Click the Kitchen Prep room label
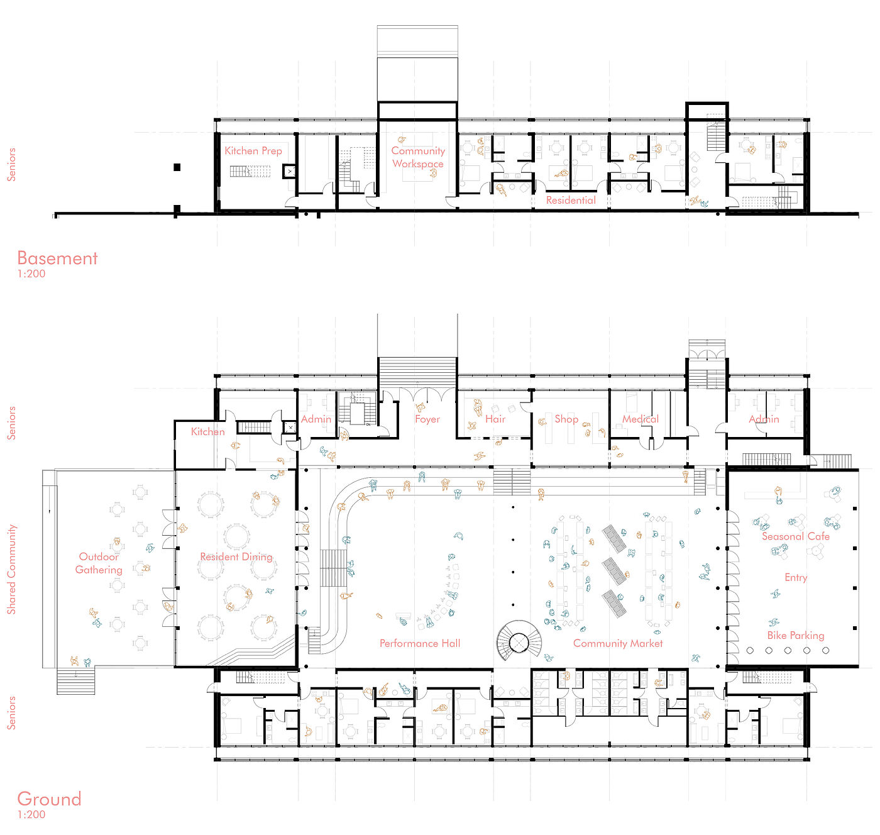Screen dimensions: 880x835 253,151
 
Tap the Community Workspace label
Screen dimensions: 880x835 418,157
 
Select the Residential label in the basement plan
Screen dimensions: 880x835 571,200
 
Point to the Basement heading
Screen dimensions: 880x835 57,258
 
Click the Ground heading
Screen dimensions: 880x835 49,799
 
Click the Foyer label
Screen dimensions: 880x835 427,419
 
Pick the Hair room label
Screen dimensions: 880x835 495,419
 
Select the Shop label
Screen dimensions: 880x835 566,419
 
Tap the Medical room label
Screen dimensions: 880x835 640,419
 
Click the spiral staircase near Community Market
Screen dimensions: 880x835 519,641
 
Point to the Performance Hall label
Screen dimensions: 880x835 419,643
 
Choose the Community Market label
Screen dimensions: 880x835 618,643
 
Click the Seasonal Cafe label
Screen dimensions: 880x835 795,536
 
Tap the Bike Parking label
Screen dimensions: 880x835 795,636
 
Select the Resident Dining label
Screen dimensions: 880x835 236,557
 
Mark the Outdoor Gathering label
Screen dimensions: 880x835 99,563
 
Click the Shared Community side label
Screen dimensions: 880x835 11,569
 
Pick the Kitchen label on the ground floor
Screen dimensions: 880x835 207,431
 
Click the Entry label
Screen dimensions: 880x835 795,578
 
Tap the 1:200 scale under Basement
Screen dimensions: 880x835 31,274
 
